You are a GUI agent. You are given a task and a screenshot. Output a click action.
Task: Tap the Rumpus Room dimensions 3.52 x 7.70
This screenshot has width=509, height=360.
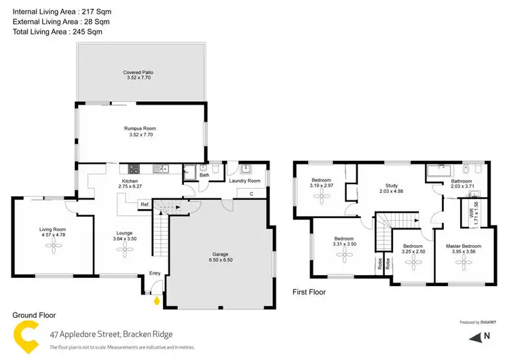tap(140, 135)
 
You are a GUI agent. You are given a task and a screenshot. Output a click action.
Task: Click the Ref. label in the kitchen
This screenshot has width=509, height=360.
tap(145, 204)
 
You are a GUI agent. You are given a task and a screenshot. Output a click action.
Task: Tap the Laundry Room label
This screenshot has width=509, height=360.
tap(245, 181)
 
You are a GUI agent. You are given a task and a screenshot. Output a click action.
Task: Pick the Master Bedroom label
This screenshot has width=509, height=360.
tap(464, 245)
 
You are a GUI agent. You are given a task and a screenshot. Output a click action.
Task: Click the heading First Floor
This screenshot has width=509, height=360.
tap(309, 292)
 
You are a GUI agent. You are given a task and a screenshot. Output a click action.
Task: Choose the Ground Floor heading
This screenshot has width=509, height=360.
tap(34, 315)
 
